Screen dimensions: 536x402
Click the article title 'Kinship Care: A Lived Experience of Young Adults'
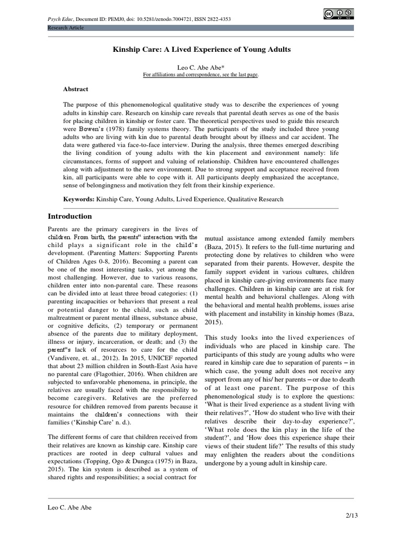pos(202,49)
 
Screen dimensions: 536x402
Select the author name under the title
pos(201,68)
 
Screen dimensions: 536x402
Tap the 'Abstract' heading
pos(76,89)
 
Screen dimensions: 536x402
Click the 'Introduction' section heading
pos(70,216)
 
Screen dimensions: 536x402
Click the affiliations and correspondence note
pos(201,75)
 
